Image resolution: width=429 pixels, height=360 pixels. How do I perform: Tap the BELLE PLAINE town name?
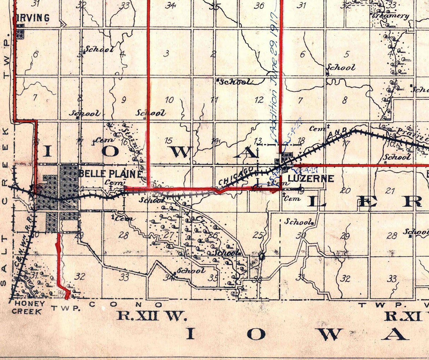[110, 174]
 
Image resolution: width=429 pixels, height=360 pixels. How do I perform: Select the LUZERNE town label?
[311, 178]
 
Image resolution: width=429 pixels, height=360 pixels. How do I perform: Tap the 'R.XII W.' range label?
[151, 316]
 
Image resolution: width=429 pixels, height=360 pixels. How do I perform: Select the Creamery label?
[391, 16]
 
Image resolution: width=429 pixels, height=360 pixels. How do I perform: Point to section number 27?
[168, 235]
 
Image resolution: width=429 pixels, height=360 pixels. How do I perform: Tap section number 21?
[390, 191]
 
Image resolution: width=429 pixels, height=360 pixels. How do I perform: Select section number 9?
[123, 100]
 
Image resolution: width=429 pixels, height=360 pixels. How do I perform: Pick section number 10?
[169, 100]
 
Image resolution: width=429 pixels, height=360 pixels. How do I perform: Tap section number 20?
[345, 190]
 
